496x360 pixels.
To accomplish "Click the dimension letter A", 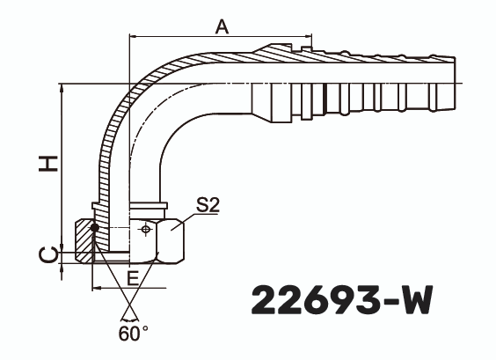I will pyautogui.click(x=222, y=27).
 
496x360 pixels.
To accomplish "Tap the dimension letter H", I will pyautogui.click(x=51, y=163).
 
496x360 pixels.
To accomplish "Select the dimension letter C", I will pyautogui.click(x=51, y=254).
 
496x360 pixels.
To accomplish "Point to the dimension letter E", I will pyautogui.click(x=132, y=278).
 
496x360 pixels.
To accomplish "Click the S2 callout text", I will pyautogui.click(x=208, y=205).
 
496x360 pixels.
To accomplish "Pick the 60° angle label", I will pyautogui.click(x=134, y=334).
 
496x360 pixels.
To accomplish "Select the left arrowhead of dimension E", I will pyautogui.click(x=96, y=288).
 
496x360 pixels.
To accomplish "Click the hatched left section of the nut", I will pyautogui.click(x=85, y=238).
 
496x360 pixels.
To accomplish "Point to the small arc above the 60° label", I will pyautogui.click(x=129, y=316).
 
